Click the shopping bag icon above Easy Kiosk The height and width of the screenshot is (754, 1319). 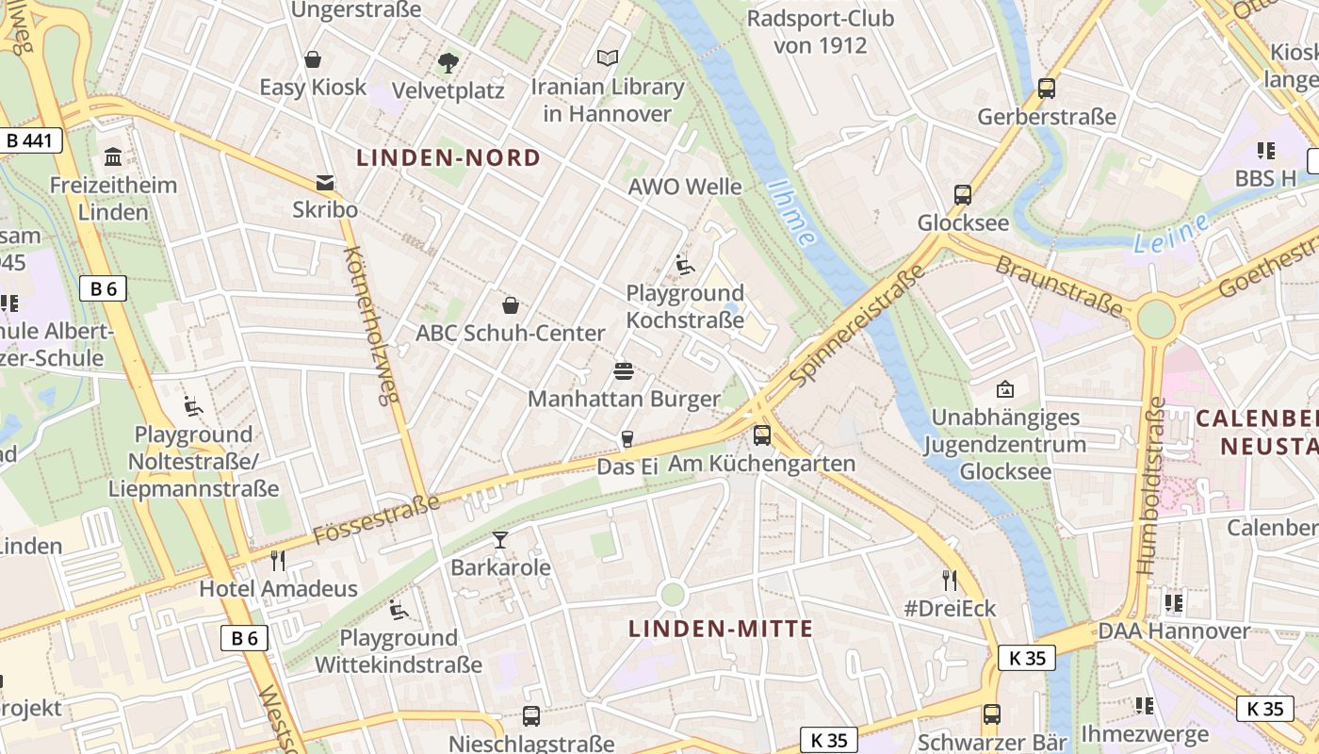[x=313, y=60]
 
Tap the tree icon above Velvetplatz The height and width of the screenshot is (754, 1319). [x=448, y=63]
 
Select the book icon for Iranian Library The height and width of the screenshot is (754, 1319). [x=608, y=58]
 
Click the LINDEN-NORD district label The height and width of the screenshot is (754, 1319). [x=448, y=157]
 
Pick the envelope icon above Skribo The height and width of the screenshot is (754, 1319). [x=325, y=182]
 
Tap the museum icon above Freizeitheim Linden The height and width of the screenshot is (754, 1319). [x=113, y=156]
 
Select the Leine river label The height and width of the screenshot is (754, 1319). [x=1171, y=234]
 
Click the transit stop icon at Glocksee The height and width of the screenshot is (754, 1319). [x=963, y=195]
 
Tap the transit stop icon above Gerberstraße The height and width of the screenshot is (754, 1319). [x=1047, y=89]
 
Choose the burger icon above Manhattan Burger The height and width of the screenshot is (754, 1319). [x=623, y=370]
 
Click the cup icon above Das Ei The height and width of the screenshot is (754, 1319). [x=626, y=438]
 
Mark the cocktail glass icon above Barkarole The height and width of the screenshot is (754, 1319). [x=500, y=540]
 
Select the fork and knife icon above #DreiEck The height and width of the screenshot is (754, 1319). [x=950, y=580]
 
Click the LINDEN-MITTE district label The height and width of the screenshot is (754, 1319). [x=721, y=629]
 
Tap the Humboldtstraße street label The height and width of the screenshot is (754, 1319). [x=1151, y=485]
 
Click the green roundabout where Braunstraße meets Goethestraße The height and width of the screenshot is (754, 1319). [x=1156, y=320]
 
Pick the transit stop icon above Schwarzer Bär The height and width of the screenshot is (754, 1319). [x=991, y=714]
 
